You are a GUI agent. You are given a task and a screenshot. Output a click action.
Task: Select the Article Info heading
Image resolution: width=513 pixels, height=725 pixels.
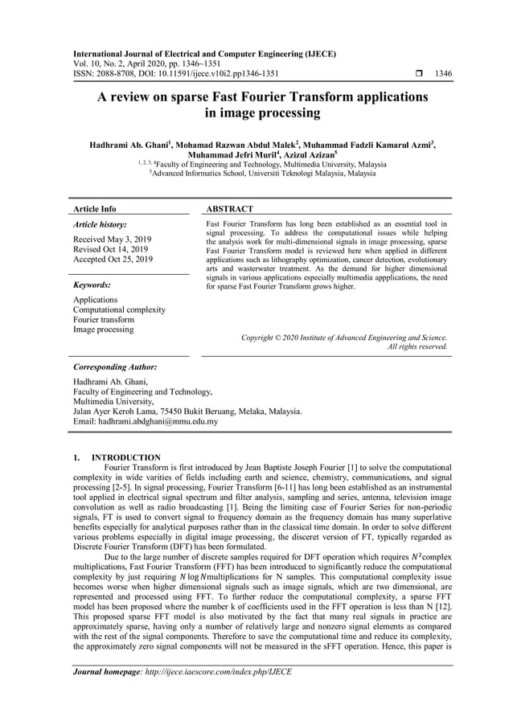pos(94,209)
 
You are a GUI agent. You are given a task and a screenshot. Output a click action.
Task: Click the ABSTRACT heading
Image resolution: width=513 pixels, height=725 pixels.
pos(230,209)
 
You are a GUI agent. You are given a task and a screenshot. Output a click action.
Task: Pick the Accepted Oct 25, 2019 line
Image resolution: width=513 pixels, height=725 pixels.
pos(113,260)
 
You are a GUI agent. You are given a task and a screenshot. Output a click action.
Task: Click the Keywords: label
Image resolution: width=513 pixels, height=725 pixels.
pos(92,285)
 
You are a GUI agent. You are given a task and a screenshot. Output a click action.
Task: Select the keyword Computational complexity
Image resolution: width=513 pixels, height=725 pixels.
pos(119,309)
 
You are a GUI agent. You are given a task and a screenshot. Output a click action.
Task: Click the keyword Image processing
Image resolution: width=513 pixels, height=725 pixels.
pos(104,330)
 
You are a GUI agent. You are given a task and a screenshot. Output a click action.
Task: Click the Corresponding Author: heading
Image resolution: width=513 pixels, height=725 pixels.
pos(115,367)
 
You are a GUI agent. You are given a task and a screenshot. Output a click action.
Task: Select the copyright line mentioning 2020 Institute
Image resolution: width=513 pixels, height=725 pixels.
pos(344,338)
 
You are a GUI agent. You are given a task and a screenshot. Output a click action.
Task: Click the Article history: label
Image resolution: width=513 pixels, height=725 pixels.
pos(100,225)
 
